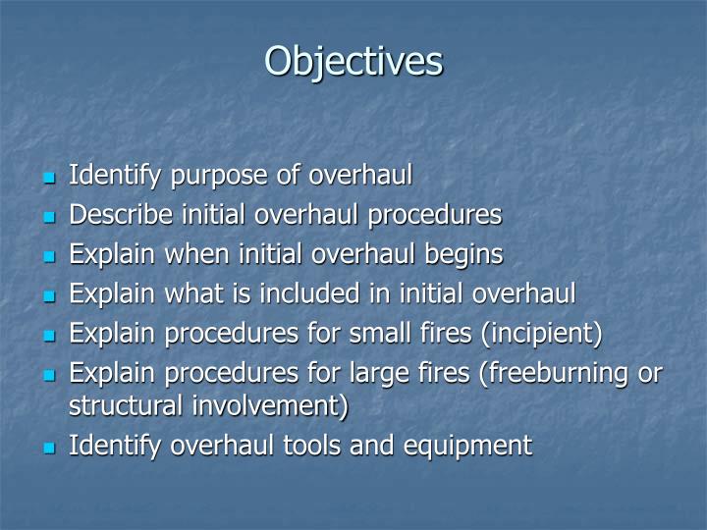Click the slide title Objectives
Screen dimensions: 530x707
353,61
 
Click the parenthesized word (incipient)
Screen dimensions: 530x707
540,334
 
